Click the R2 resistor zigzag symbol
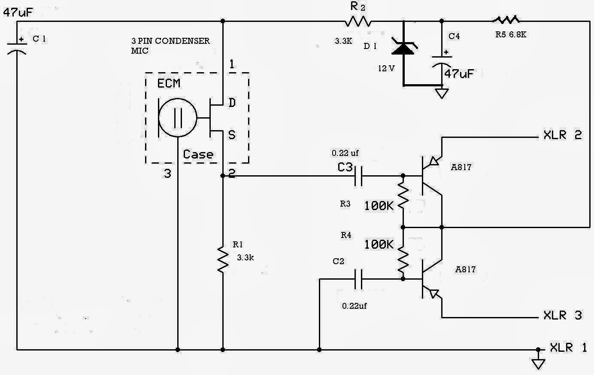click(358, 21)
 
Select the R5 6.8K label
click(511, 34)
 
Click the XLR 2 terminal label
click(562, 135)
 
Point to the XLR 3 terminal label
click(562, 315)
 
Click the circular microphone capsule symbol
click(178, 118)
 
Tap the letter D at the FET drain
click(232, 103)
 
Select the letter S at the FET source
click(232, 135)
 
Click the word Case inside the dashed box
click(198, 154)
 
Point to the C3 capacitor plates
click(358, 176)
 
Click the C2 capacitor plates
click(358, 279)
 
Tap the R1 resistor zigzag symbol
click(223, 259)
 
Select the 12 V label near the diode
click(386, 68)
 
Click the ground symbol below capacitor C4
click(442, 93)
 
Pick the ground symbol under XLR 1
click(538, 363)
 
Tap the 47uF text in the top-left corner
click(18, 12)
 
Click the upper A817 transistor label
click(461, 167)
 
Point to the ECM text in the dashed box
click(169, 84)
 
